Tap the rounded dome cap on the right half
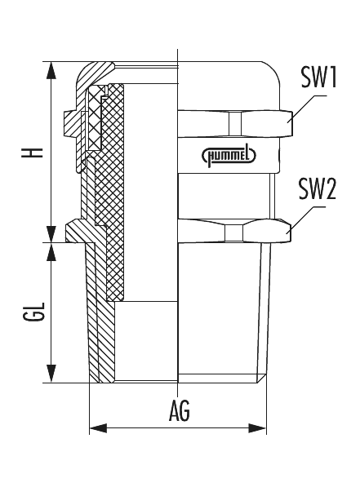(229, 82)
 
